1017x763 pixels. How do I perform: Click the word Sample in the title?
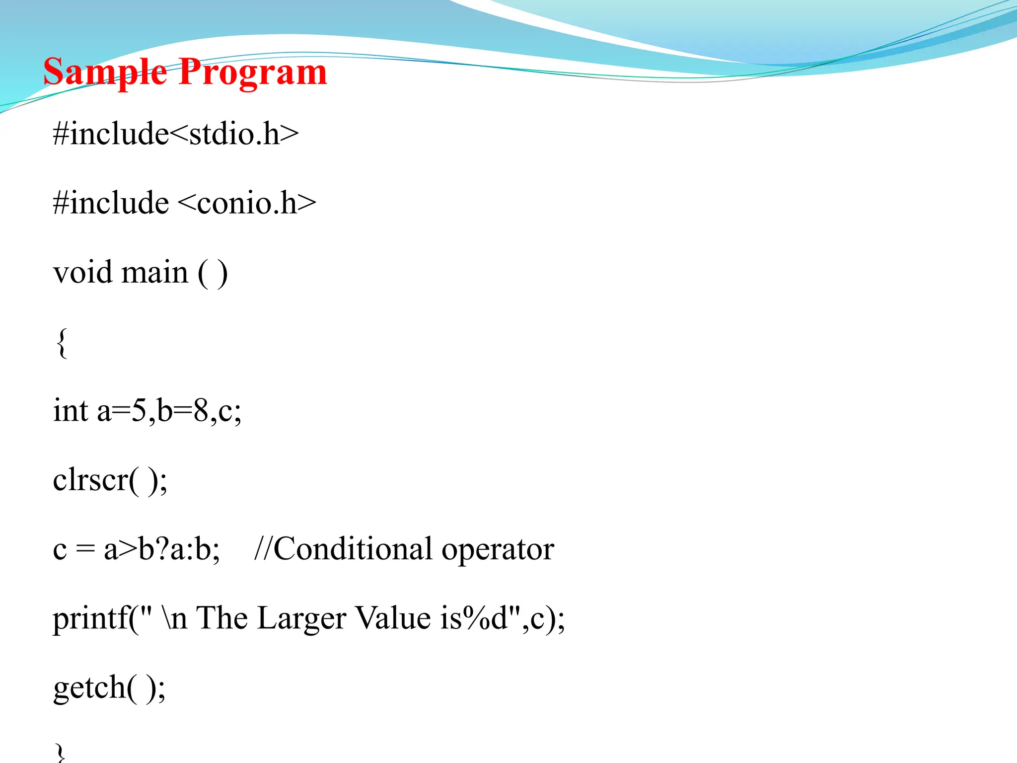pyautogui.click(x=105, y=73)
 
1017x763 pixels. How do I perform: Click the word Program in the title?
pyautogui.click(x=253, y=73)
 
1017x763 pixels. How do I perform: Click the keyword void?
pyautogui.click(x=82, y=273)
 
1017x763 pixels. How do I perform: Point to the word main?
pyautogui.click(x=154, y=273)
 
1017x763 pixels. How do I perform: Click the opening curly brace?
pyautogui.click(x=62, y=343)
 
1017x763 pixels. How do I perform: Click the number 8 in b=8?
pyautogui.click(x=201, y=411)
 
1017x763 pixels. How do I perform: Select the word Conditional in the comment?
pyautogui.click(x=353, y=549)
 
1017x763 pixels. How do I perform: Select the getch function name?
pyautogui.click(x=89, y=688)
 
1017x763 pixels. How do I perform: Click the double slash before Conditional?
pyautogui.click(x=263, y=549)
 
